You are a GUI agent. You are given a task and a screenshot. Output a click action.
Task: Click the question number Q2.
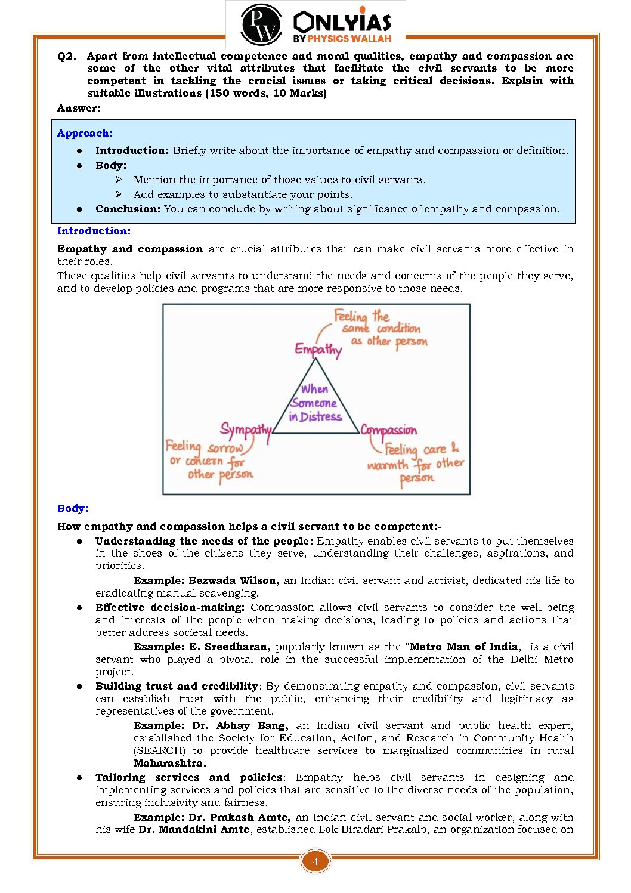(x=67, y=56)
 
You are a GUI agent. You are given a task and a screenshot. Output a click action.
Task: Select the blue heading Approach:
(x=85, y=133)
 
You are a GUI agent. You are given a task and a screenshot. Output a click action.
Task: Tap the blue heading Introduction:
(x=94, y=231)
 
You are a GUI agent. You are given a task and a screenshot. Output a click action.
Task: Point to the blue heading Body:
(x=73, y=508)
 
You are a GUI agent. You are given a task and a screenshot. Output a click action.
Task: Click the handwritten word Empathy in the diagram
(x=318, y=350)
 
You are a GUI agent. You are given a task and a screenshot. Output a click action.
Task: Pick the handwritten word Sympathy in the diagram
(x=246, y=430)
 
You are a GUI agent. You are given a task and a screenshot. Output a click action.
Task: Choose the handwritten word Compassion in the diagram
(x=389, y=431)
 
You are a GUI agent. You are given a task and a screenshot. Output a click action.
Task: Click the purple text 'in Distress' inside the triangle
(x=315, y=417)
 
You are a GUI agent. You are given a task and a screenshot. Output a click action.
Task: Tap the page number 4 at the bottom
(x=315, y=861)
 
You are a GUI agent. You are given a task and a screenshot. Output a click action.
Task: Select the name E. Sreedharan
(x=230, y=647)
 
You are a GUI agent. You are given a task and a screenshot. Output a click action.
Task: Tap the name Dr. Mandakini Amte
(x=194, y=829)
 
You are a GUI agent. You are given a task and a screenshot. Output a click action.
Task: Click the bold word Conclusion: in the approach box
(x=128, y=209)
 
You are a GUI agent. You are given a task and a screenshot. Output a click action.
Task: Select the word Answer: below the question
(x=79, y=108)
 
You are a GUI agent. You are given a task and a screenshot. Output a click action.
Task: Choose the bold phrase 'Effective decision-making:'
(x=170, y=607)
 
